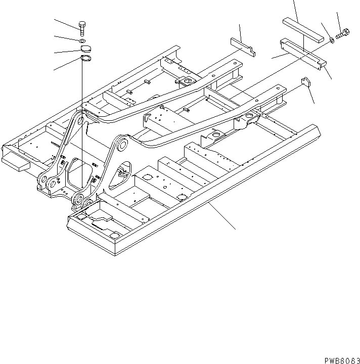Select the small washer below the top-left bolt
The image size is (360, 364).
click(x=82, y=39)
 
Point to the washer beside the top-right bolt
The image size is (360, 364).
click(x=331, y=39)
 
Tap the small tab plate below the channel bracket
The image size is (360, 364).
click(x=305, y=82)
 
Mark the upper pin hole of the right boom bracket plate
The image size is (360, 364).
click(x=122, y=146)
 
